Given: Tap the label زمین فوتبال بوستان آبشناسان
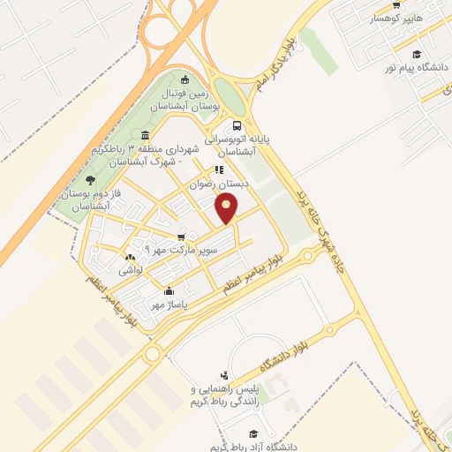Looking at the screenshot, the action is pyautogui.click(x=192, y=99).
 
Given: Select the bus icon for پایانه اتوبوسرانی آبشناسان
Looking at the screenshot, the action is pyautogui.click(x=237, y=125).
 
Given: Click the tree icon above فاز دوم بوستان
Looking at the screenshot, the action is pyautogui.click(x=90, y=179).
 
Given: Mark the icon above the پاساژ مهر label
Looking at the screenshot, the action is pyautogui.click(x=169, y=291).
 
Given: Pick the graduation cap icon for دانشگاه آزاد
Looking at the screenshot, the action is pyautogui.click(x=253, y=433).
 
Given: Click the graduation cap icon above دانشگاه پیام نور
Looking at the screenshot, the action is pyautogui.click(x=416, y=55).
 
